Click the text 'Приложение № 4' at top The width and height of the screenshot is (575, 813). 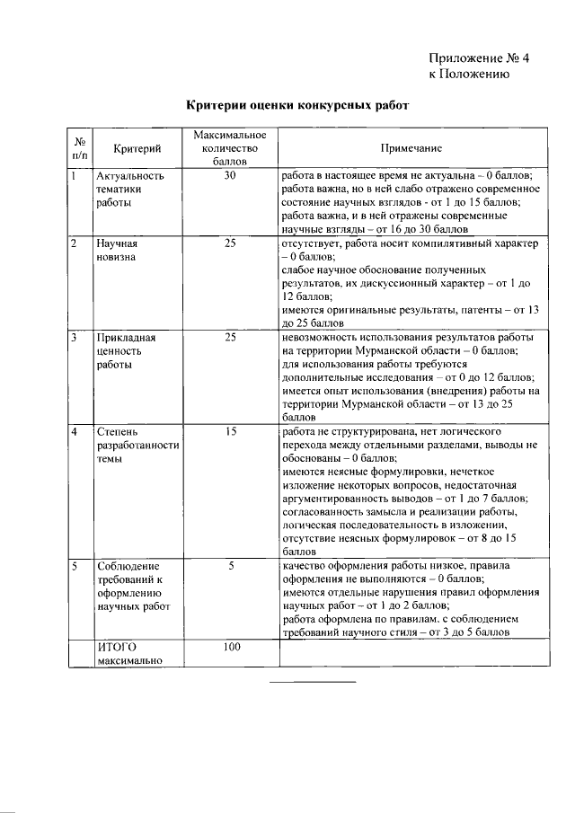[479, 57]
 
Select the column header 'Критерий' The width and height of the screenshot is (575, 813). [137, 148]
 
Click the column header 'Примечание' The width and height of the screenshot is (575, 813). [411, 147]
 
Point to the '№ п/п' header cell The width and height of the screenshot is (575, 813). [80, 148]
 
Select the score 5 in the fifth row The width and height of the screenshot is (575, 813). [230, 567]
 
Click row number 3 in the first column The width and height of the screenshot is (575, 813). [75, 338]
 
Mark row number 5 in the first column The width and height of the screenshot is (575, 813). [75, 567]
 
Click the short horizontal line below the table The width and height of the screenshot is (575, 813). [313, 682]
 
